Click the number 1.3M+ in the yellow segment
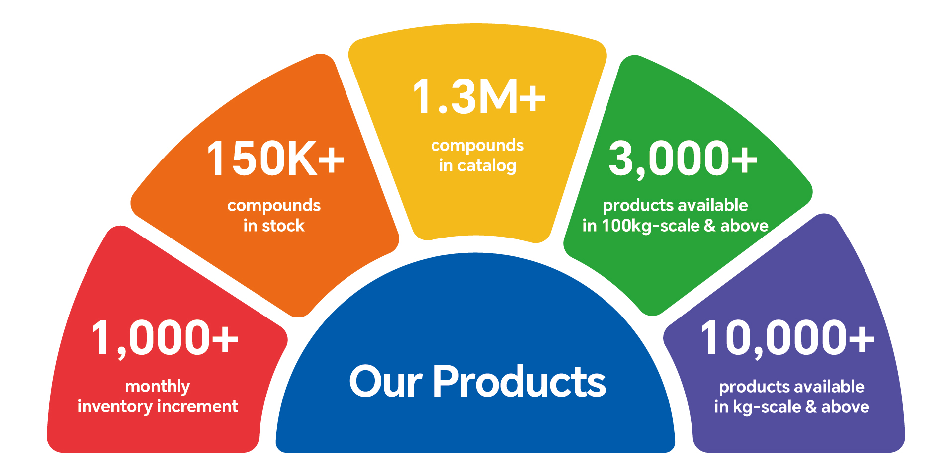pos(479,97)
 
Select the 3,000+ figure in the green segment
pos(683,159)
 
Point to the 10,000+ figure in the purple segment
pos(787,339)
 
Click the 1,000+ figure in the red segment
pos(165,339)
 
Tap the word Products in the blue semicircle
pos(519,381)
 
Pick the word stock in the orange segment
pos(283,226)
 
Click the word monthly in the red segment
pos(158,387)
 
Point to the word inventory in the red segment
pos(115,406)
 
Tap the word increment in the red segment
pos(198,407)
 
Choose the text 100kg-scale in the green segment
pos(651,226)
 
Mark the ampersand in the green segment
pos(710,226)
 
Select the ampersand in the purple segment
pos(811,407)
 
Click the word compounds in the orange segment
pos(274,206)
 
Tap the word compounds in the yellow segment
pos(478,146)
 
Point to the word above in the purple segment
pos(845,407)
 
